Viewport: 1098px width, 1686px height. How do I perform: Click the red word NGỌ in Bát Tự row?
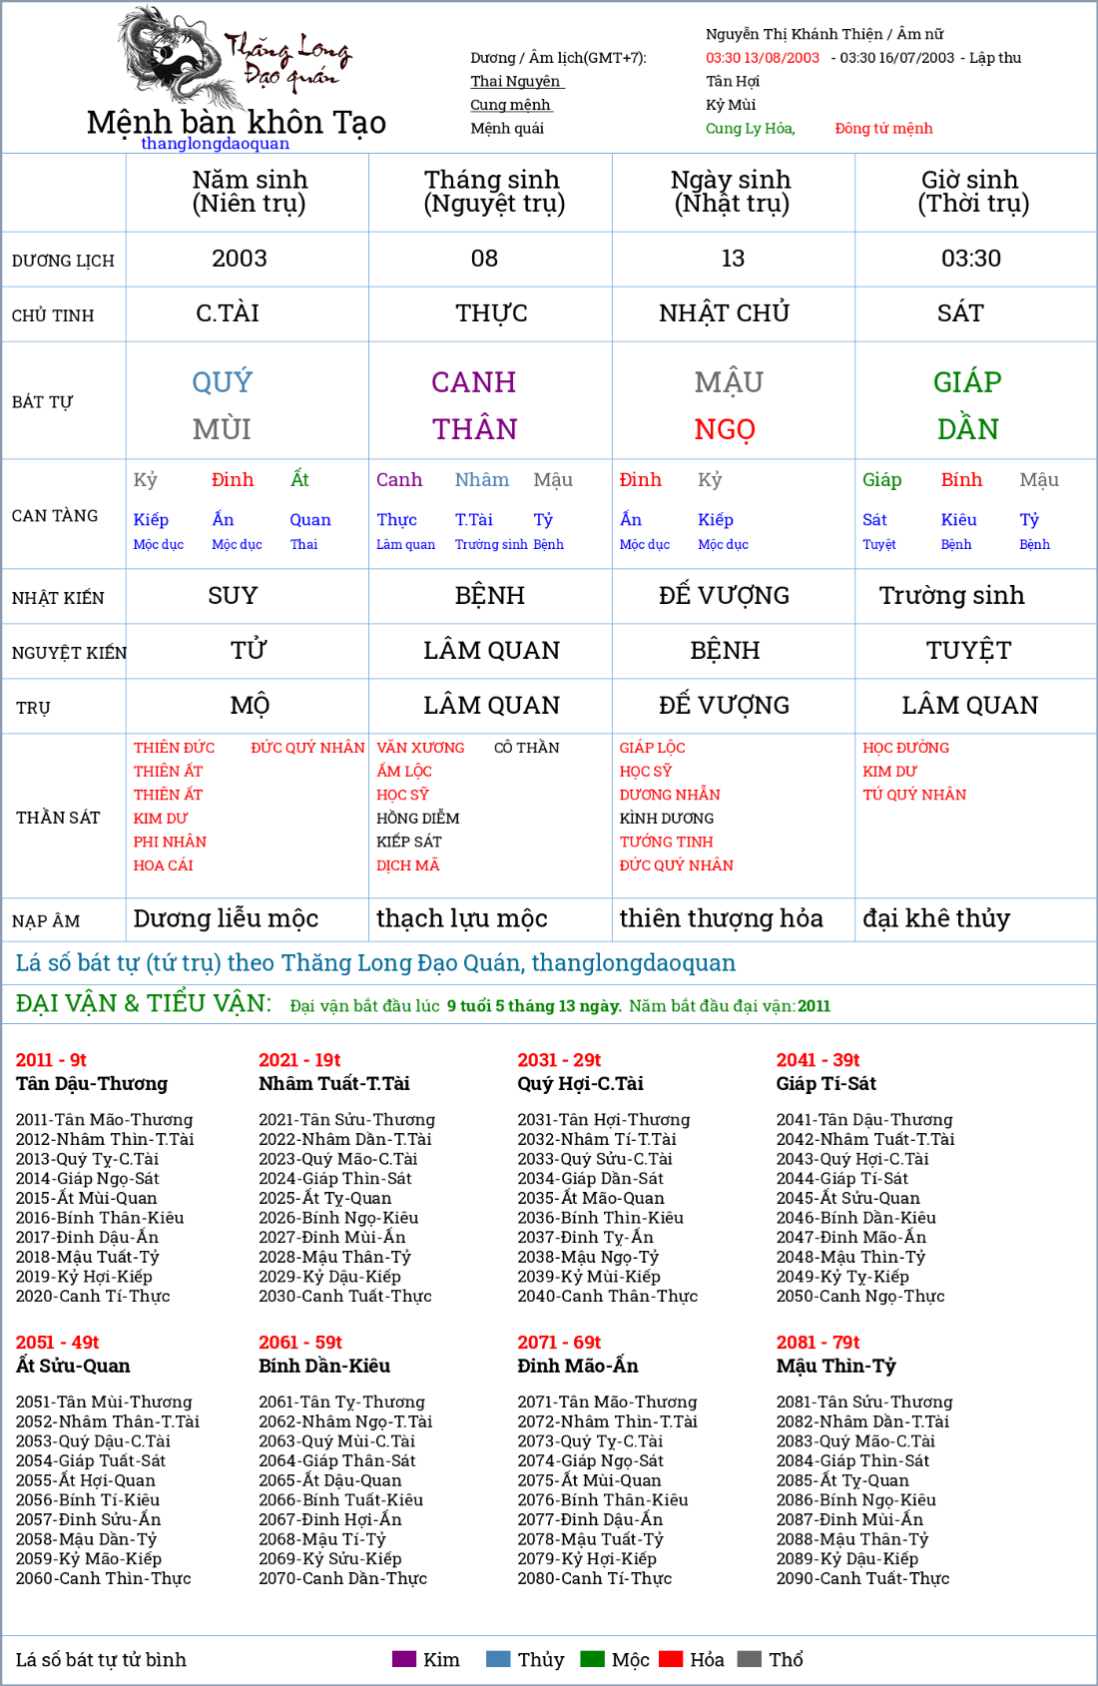coord(725,429)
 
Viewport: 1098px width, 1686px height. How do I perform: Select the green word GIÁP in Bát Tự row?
coord(967,381)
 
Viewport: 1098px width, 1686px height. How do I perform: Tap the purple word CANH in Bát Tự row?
coord(473,381)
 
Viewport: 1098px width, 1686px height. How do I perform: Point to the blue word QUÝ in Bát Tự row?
coord(222,381)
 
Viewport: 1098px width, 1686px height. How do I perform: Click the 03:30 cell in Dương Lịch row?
coord(970,259)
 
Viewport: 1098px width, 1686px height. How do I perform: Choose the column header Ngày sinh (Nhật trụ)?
coord(731,192)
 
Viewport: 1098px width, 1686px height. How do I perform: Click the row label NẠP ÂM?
coord(46,921)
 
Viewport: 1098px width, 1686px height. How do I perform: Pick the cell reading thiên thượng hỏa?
coord(721,918)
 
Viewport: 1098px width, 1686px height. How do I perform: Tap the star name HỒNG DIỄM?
coord(417,819)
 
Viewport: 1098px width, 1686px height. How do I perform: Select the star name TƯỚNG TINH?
coord(666,842)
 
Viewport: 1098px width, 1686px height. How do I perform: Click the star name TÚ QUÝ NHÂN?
coord(914,795)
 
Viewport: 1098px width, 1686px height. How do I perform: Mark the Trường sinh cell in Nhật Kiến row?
coord(951,596)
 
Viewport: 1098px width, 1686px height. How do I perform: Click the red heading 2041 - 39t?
coord(818,1060)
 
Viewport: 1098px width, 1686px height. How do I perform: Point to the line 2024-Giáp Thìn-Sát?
coord(334,1178)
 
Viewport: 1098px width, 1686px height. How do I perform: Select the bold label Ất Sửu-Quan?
coord(73,1366)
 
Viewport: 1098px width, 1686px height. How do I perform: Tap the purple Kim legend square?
coord(403,1659)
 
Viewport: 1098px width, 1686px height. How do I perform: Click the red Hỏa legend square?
coord(671,1659)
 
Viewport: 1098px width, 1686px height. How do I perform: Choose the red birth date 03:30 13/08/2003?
coord(762,58)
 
